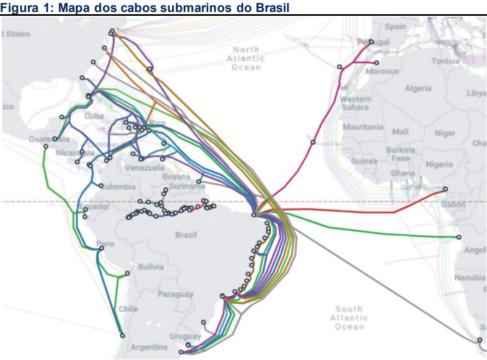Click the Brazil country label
tap(186, 235)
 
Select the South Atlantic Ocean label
tap(349, 317)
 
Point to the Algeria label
tap(418, 88)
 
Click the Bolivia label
tap(151, 267)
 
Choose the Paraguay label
tap(176, 295)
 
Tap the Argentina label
tap(149, 347)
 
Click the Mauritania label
tap(363, 127)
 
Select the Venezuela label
tap(145, 167)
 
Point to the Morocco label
tap(382, 71)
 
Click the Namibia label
tap(470, 278)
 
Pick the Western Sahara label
tap(356, 103)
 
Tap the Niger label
tap(444, 133)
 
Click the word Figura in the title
tap(18, 8)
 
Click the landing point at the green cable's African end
tap(459, 237)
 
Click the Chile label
tap(129, 309)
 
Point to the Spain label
tap(395, 27)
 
